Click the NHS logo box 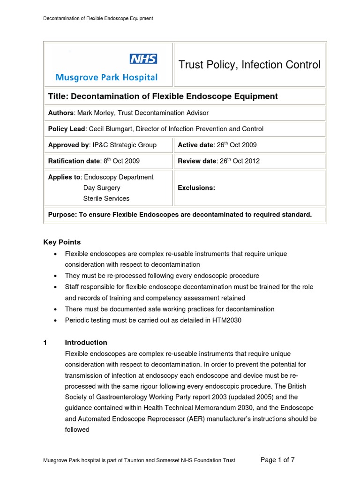pos(143,59)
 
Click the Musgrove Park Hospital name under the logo pos(106,77)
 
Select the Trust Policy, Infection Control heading pos(249,65)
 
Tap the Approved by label pos(67,145)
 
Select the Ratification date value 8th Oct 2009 pos(121,161)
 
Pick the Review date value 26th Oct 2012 pos(237,161)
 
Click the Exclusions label pos(196,187)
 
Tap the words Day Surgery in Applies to pos(102,187)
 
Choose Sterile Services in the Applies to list pos(106,198)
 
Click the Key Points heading pos(62,242)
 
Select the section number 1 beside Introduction pos(45,342)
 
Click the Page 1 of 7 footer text pos(277,460)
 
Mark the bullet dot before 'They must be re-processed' pos(56,276)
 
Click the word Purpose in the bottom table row pos(63,215)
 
